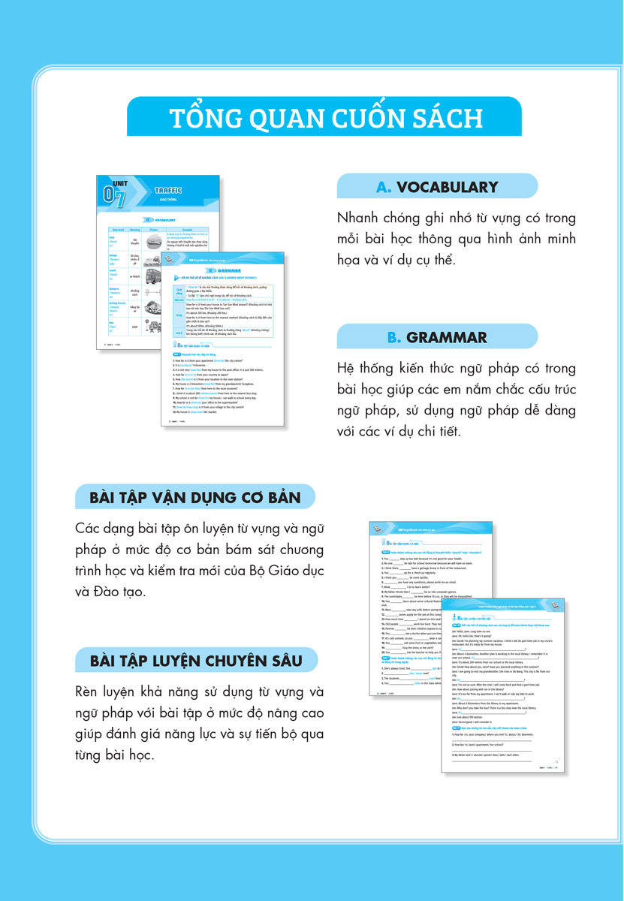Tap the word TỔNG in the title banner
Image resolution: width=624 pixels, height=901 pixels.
200,119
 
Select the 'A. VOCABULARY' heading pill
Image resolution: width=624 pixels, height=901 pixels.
437,187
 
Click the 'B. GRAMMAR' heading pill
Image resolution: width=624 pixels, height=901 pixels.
437,337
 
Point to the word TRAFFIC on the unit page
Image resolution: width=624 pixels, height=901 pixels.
167,191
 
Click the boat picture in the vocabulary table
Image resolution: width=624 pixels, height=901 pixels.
157,242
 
